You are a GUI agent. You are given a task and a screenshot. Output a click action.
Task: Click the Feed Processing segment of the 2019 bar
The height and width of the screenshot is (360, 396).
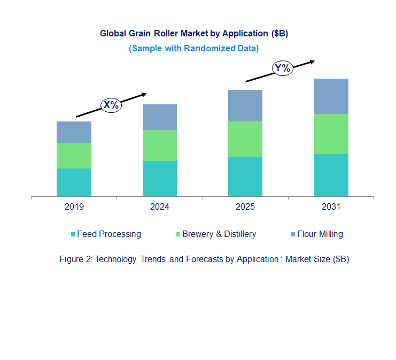(74, 182)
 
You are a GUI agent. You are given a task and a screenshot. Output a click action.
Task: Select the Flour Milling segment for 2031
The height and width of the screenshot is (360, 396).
(331, 96)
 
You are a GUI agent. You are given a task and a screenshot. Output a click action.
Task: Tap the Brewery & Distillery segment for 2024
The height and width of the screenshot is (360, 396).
(160, 145)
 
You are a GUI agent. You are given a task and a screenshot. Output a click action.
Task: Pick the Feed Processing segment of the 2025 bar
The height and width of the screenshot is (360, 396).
(245, 177)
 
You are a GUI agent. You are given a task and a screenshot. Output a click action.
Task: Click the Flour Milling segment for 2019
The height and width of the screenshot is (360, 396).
(74, 132)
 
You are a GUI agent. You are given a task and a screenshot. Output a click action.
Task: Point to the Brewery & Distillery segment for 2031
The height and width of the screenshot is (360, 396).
(331, 134)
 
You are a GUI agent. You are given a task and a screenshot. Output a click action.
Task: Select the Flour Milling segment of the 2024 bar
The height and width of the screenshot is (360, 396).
(160, 117)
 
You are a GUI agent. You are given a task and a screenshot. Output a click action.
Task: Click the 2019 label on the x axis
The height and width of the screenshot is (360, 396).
(74, 207)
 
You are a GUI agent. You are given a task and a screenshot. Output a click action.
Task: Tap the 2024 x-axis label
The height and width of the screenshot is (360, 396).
(160, 207)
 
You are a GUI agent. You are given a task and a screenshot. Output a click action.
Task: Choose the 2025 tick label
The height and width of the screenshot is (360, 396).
(245, 207)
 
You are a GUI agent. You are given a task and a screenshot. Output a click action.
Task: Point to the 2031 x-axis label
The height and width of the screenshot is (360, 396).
(331, 207)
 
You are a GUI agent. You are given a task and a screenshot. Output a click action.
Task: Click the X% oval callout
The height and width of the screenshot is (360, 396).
(111, 105)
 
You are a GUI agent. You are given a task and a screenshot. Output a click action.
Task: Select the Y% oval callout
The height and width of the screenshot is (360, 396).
(282, 68)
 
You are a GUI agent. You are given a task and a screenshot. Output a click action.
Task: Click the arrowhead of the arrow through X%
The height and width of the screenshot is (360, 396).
(144, 94)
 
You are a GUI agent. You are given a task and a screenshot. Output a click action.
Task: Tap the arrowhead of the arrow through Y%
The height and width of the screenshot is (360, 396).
(312, 61)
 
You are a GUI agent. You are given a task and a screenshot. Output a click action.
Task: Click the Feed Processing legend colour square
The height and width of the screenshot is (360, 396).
(73, 234)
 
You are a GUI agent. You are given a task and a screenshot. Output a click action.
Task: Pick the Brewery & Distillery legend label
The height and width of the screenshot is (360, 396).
(219, 234)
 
